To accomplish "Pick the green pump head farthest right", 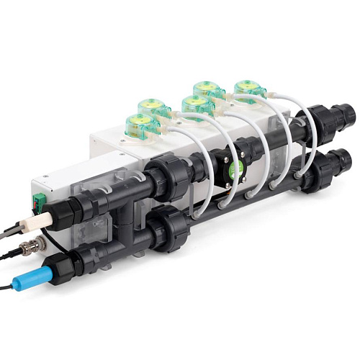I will point(249,89).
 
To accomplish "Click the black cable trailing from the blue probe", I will point(11,287).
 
